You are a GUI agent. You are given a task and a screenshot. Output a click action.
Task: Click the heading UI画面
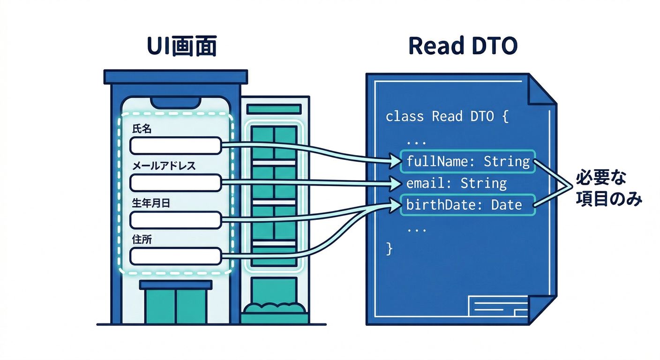pos(182,46)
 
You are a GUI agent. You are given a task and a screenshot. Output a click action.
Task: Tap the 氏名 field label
pos(142,129)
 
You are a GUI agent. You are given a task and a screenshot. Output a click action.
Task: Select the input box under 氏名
pos(176,145)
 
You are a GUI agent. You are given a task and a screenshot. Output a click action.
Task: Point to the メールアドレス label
pos(164,166)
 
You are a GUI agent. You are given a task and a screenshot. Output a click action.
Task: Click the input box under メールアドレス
pos(176,183)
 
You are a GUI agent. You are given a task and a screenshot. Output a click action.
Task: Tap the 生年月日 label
pos(151,203)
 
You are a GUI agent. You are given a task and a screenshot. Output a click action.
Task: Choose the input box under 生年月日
pos(176,220)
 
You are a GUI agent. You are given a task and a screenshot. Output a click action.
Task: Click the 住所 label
pos(142,240)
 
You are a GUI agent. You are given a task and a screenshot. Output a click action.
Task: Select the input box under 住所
pos(176,256)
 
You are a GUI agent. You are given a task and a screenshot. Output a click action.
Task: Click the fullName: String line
pos(468,162)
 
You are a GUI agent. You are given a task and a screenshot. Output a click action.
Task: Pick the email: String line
pos(457,183)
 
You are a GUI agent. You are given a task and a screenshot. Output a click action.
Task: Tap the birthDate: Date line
pos(464,205)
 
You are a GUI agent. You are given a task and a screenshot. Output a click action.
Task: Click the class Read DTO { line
pos(447,116)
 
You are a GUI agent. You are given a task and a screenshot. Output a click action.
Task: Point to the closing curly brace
pos(389,249)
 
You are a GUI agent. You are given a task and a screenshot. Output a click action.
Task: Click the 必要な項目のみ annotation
pos(609,188)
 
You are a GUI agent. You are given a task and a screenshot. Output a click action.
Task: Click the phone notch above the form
pos(176,103)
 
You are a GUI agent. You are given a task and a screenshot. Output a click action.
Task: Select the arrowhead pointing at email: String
pos(396,183)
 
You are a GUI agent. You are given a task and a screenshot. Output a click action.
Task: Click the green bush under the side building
pos(275,307)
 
